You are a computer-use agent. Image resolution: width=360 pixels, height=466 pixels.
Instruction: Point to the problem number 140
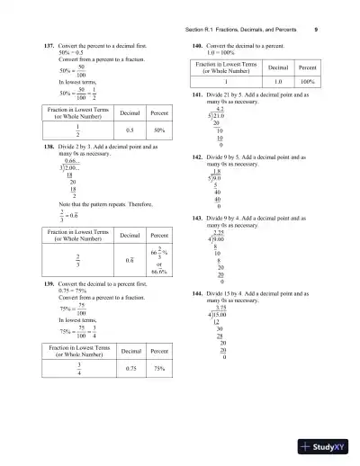point(197,44)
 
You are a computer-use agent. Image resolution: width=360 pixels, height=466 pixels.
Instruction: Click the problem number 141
point(197,94)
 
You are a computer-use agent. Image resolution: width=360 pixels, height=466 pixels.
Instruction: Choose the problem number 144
point(197,294)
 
